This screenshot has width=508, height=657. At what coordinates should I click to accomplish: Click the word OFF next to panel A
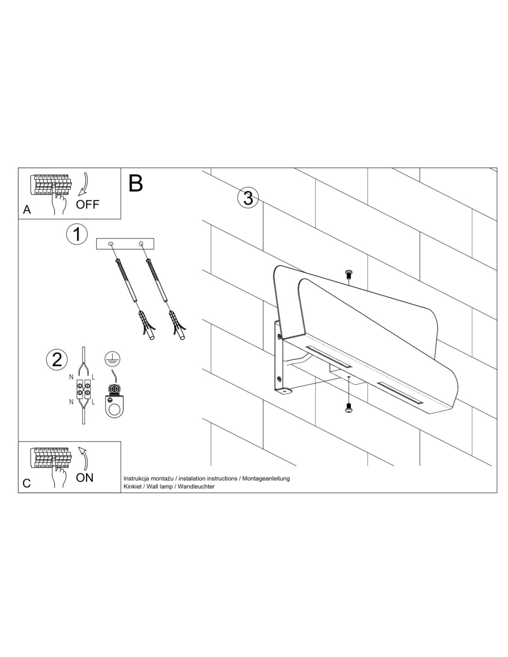click(x=87, y=205)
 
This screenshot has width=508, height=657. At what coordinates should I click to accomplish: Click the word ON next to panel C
click(x=85, y=478)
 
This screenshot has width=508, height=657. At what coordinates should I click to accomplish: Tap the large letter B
click(x=135, y=183)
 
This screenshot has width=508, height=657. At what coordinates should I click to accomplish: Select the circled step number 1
click(x=77, y=234)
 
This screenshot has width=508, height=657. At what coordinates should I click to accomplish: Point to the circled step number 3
click(x=248, y=199)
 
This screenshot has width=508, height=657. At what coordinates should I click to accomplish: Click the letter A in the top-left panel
click(x=27, y=209)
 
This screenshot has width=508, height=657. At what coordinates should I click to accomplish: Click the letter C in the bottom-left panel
click(x=27, y=483)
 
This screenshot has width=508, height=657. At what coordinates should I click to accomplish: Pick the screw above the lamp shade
click(x=348, y=275)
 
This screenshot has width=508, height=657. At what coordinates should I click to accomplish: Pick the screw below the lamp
click(x=348, y=408)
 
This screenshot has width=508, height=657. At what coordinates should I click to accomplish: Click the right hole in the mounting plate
click(x=141, y=243)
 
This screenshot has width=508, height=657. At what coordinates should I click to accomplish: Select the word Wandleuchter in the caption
click(x=196, y=487)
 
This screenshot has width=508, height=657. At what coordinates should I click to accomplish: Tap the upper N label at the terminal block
click(x=71, y=377)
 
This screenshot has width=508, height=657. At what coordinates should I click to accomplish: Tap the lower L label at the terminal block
click(x=93, y=402)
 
